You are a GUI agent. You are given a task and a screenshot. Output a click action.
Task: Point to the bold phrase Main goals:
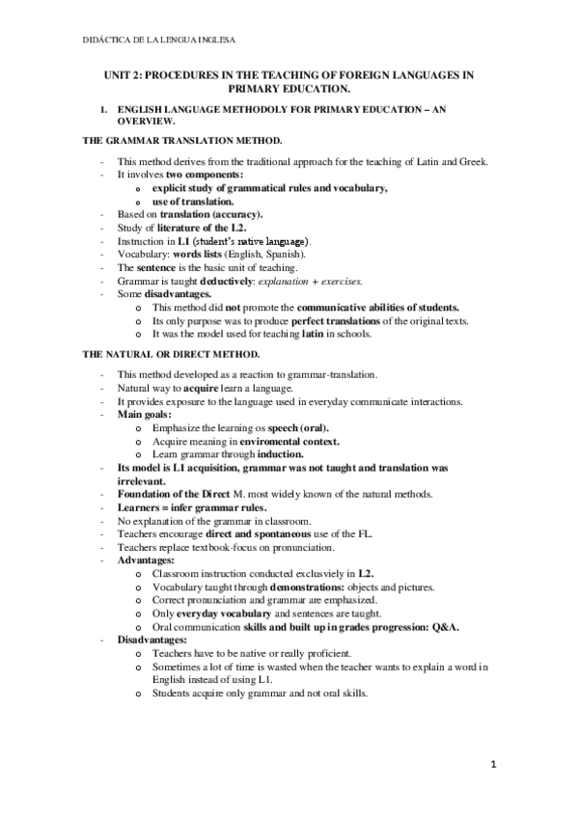(x=145, y=414)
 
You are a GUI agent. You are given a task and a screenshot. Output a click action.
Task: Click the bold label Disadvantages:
(x=152, y=640)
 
